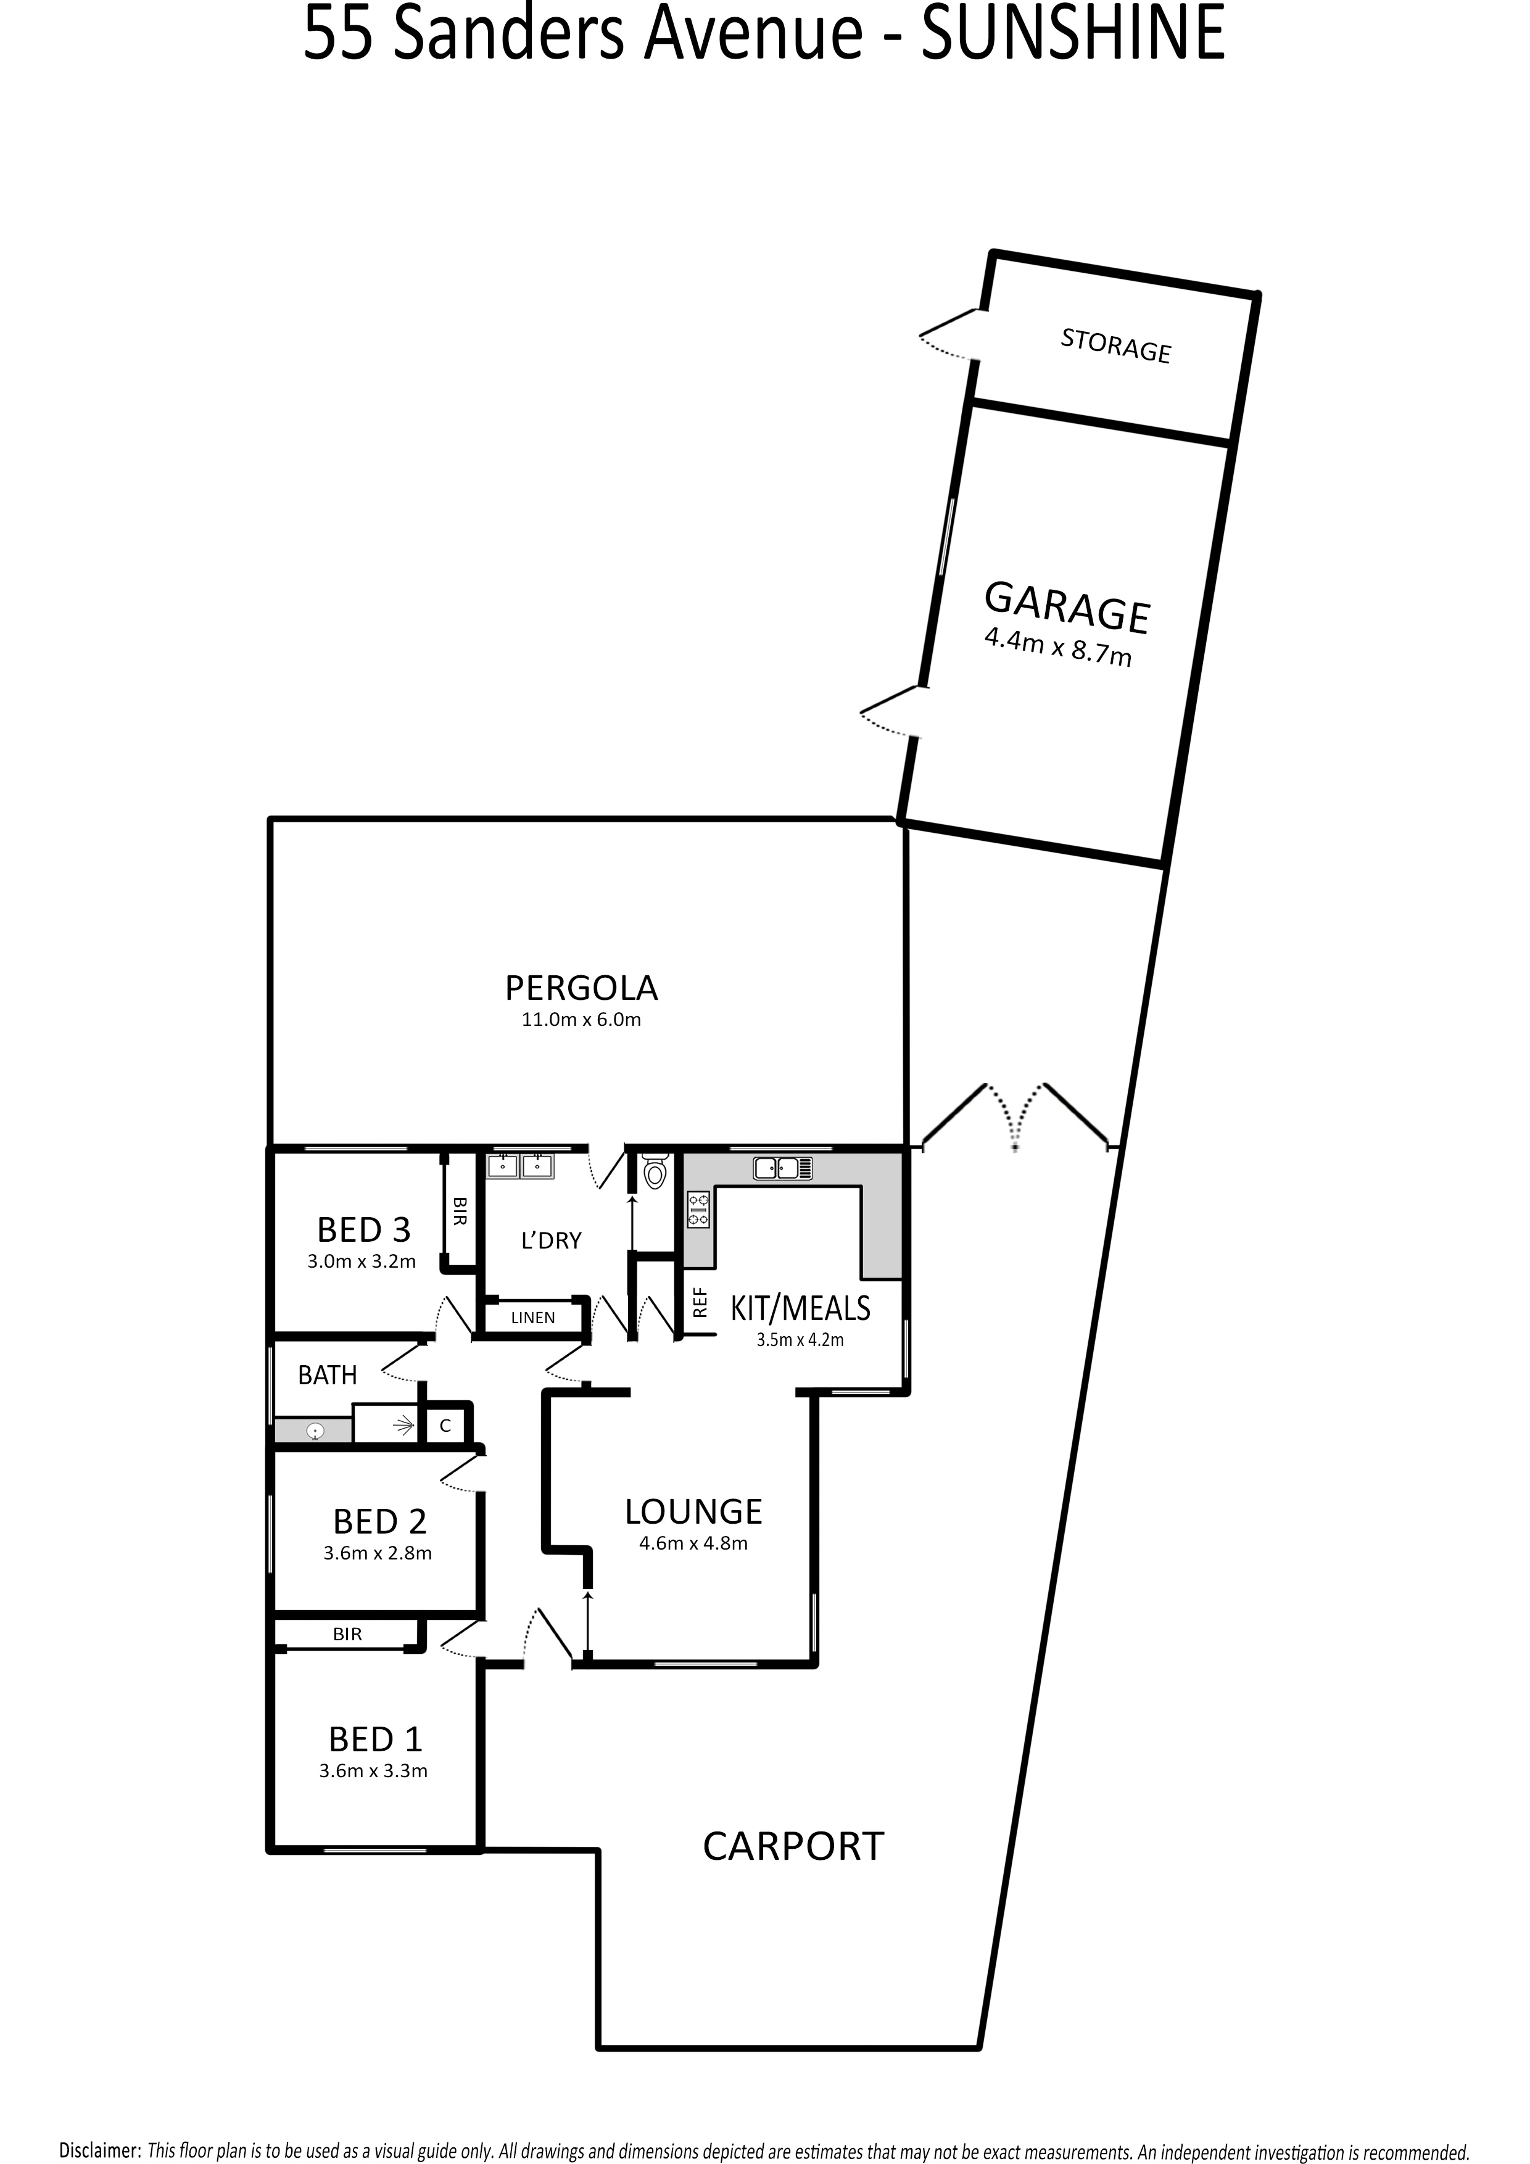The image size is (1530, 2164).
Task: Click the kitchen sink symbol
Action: pyautogui.click(x=782, y=1169)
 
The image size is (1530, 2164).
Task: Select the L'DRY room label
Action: pyautogui.click(x=552, y=1241)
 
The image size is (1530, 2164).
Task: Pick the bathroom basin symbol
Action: pyautogui.click(x=315, y=1431)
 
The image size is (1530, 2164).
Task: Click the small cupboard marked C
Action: pyautogui.click(x=445, y=1426)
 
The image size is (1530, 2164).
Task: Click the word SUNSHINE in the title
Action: pyautogui.click(x=1073, y=32)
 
